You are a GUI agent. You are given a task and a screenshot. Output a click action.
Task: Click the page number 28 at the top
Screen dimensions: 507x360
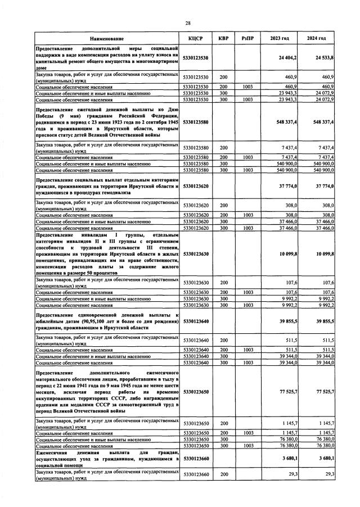coord(188,22)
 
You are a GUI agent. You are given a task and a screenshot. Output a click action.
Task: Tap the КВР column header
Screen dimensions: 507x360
coord(223,38)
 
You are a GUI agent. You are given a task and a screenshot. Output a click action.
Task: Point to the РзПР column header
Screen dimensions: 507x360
coord(246,38)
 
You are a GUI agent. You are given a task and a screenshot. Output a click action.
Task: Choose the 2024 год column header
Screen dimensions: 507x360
coord(316,38)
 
